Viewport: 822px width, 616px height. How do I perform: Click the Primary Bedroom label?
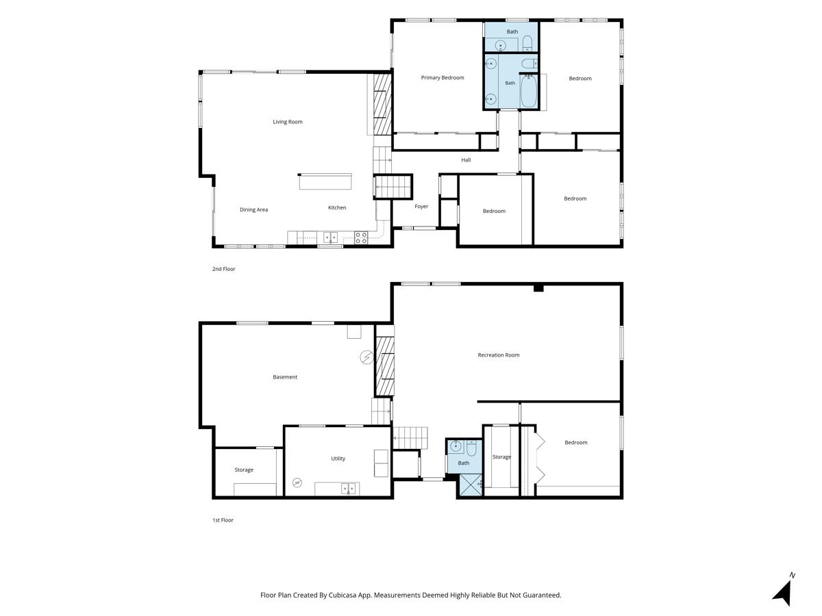coord(443,78)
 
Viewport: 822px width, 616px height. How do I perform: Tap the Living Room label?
coord(287,122)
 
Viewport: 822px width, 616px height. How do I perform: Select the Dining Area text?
coord(253,210)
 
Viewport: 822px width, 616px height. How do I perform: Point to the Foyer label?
coord(421,207)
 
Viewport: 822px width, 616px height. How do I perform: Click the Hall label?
coord(466,160)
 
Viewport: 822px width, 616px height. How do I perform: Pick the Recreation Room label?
coord(499,355)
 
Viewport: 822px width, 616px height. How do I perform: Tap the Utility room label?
coord(338,459)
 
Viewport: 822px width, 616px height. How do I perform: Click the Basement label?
coord(284,377)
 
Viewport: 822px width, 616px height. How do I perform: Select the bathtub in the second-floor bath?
coord(528,92)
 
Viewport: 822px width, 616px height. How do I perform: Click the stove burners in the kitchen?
coord(361,238)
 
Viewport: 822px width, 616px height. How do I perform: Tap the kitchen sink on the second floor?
coord(330,237)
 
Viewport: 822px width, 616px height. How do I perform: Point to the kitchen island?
coord(325,182)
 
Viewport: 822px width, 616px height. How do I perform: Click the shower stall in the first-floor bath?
coord(471,485)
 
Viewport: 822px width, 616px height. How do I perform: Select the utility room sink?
coord(348,489)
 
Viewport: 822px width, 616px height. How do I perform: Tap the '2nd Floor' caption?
coord(223,269)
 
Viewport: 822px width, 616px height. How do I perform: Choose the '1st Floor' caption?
coord(223,520)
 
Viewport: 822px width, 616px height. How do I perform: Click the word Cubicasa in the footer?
coord(342,595)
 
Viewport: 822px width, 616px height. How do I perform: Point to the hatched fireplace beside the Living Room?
coord(382,104)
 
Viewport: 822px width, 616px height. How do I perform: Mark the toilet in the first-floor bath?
coord(471,448)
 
